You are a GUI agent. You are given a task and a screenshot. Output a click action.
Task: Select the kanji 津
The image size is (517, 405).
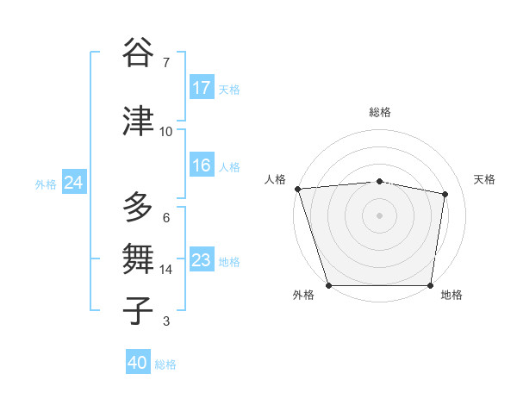139,121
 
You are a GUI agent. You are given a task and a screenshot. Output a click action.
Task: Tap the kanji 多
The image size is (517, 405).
139,208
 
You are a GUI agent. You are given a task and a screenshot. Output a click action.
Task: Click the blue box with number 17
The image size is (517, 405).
202,87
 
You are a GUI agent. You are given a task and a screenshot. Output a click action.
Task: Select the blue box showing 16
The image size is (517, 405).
202,165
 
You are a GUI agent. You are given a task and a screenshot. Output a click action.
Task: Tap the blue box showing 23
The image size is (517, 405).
202,260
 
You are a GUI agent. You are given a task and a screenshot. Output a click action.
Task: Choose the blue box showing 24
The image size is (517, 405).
73,183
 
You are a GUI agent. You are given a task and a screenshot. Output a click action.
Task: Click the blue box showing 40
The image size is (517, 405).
138,363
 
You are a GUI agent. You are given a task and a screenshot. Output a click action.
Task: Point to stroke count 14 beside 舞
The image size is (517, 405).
166,270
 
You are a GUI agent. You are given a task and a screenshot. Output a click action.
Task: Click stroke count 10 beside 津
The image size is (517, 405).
166,132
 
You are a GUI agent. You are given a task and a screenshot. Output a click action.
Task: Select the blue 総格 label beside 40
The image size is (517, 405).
165,364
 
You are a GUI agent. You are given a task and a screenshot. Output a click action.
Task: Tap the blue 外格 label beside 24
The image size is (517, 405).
46,184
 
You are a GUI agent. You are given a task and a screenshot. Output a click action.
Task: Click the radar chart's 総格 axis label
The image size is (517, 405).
379,112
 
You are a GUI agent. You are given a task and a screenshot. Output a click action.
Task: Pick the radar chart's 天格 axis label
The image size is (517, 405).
485,179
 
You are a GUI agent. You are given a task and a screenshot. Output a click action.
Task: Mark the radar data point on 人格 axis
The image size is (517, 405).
297,189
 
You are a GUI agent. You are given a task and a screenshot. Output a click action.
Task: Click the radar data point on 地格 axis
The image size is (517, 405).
430,285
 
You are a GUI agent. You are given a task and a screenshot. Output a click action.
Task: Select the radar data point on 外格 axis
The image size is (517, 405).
328,285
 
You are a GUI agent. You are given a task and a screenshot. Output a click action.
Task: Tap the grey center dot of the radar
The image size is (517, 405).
379,215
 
